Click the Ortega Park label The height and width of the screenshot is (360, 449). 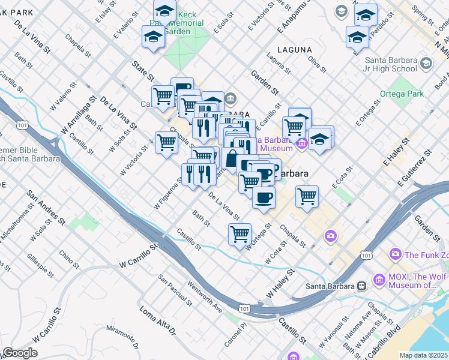click(402, 94)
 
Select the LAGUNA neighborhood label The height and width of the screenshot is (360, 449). click(294, 49)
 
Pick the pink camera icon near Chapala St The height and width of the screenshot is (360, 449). click(330, 235)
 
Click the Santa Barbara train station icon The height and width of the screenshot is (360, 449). click(361, 286)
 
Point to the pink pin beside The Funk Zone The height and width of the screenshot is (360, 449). click(395, 254)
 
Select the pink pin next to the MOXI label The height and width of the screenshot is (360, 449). click(379, 280)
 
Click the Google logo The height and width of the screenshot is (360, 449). click(20, 353)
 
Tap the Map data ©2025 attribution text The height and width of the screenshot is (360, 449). click(423, 355)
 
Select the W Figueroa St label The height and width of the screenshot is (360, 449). click(167, 193)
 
